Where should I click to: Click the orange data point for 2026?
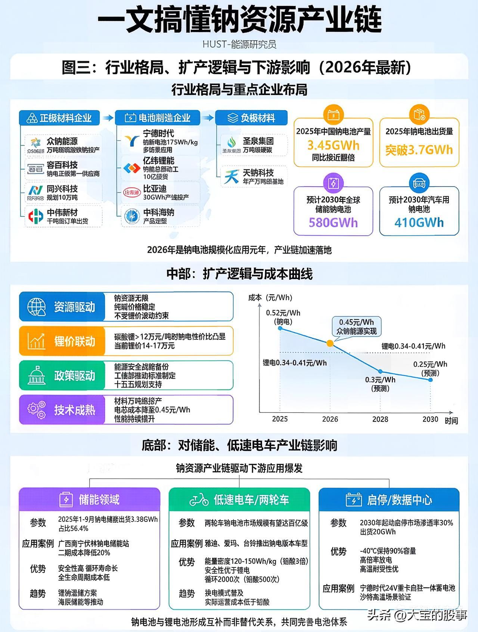pyautogui.click(x=330, y=343)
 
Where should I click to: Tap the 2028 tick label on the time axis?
pyautogui.click(x=380, y=419)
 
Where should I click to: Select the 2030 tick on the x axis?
pyautogui.click(x=430, y=419)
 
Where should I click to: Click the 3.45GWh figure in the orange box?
pyautogui.click(x=333, y=145)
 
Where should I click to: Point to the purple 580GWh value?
pyautogui.click(x=333, y=223)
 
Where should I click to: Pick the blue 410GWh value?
pyautogui.click(x=419, y=223)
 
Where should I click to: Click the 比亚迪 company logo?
pyautogui.click(x=131, y=193)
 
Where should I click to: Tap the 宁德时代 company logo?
pyautogui.click(x=132, y=141)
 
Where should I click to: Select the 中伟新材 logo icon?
pyautogui.click(x=36, y=216)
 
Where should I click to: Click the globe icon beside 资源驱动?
pyautogui.click(x=36, y=307)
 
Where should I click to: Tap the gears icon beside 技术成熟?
pyautogui.click(x=36, y=410)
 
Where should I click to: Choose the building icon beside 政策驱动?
pyautogui.click(x=36, y=376)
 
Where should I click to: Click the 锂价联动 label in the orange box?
pyautogui.click(x=75, y=341)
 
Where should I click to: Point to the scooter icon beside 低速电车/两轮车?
pyautogui.click(x=199, y=500)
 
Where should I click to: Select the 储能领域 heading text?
pyautogui.click(x=99, y=500)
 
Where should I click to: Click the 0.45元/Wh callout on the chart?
pyautogui.click(x=356, y=326)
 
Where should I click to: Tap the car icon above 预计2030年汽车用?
pyautogui.click(x=419, y=183)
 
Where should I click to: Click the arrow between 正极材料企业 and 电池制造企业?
pyautogui.click(x=108, y=118)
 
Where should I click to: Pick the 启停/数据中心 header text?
pyautogui.click(x=400, y=500)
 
